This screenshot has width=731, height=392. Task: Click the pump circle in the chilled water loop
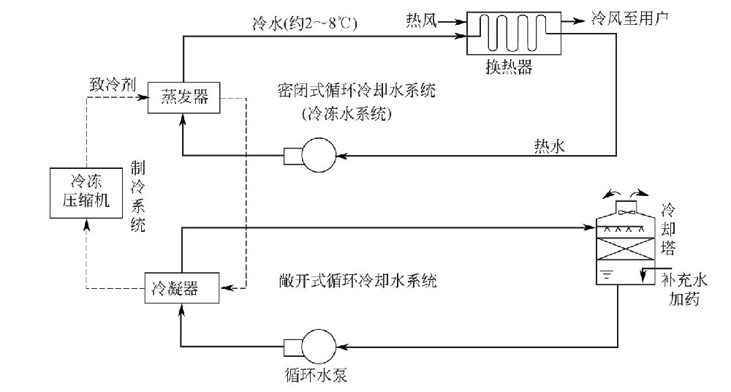[317, 155]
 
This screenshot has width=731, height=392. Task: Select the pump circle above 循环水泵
[317, 342]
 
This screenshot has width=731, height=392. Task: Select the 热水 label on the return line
[549, 146]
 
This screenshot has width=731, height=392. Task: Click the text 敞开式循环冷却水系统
[357, 280]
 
